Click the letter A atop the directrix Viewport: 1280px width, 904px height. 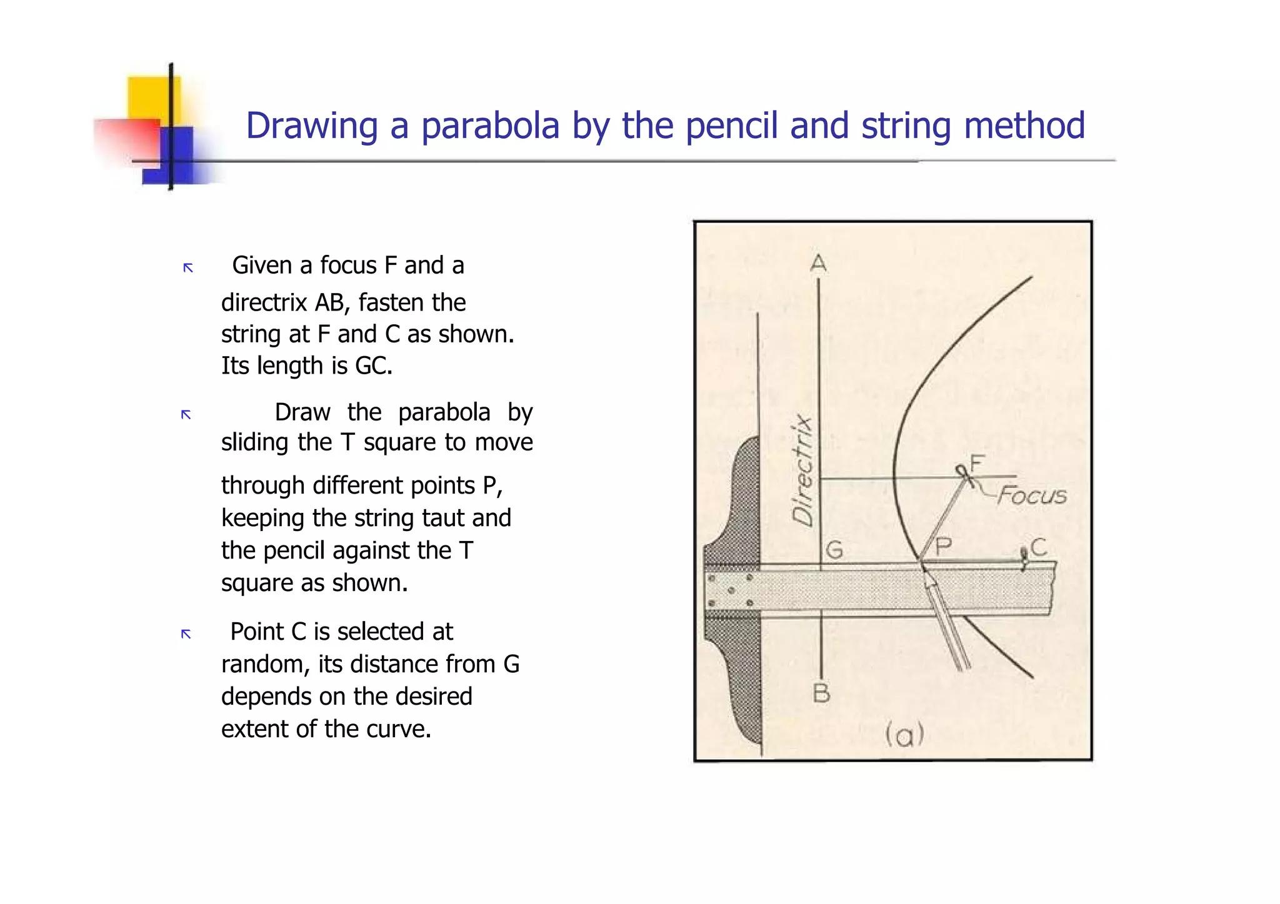coord(818,264)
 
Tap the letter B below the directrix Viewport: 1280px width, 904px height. coord(821,693)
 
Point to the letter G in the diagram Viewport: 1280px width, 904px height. coord(834,550)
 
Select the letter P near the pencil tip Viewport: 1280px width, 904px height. coord(943,546)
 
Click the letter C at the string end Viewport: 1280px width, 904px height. coord(1039,547)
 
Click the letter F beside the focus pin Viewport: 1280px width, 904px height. coord(977,464)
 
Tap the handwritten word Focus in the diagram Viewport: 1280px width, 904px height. coord(1032,495)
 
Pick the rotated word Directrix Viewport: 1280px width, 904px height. coord(802,471)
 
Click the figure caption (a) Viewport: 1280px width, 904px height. coord(904,735)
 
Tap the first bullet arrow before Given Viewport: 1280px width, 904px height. coord(188,268)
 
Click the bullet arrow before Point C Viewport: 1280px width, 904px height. coord(186,634)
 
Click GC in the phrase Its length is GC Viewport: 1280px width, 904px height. coord(373,365)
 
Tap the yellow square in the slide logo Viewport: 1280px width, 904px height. coord(154,97)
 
